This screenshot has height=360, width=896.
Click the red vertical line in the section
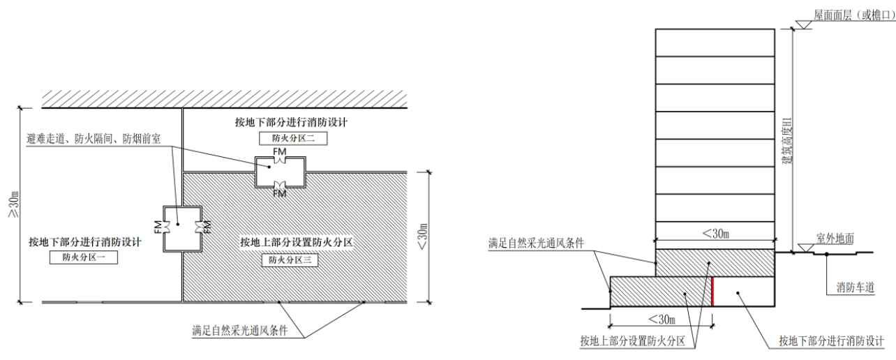[x=712, y=292]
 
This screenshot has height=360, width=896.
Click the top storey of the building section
[x=715, y=43]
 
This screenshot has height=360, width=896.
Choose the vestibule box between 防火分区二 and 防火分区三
[x=279, y=171]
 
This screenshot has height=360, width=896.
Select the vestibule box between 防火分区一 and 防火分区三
[x=181, y=227]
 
